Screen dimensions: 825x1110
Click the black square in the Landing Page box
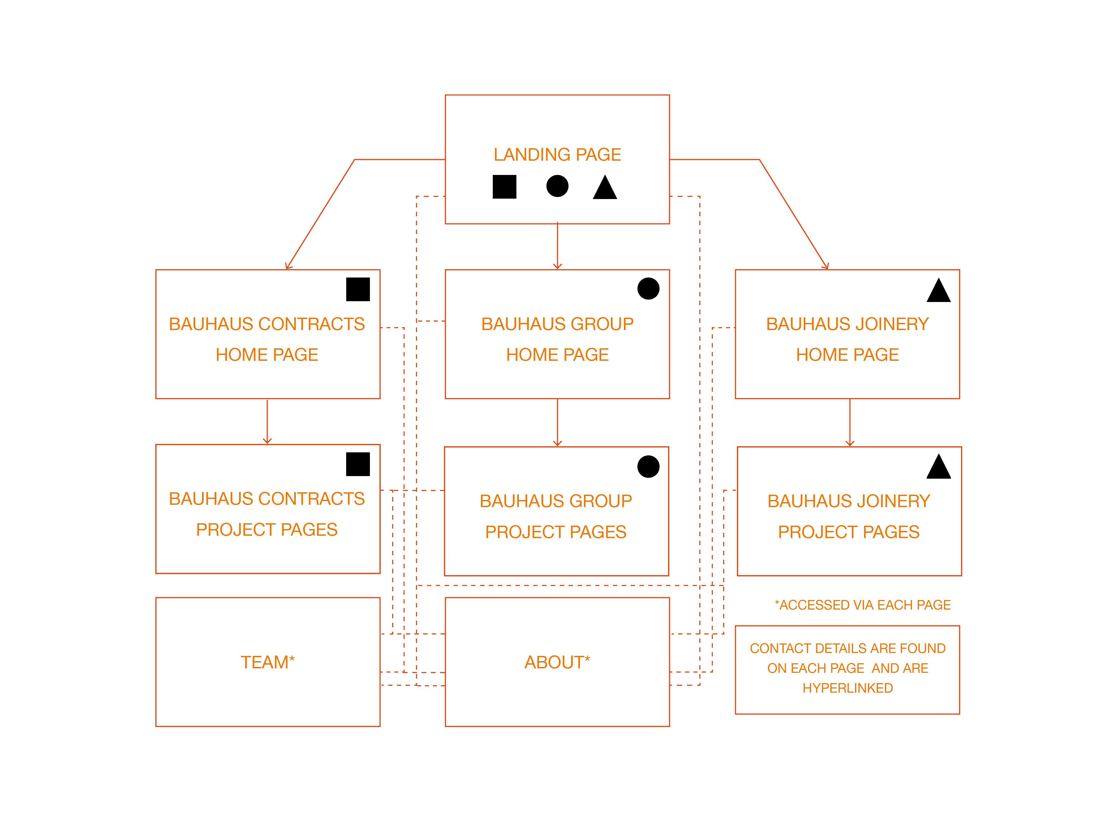point(504,187)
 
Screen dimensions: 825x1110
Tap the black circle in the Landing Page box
point(557,186)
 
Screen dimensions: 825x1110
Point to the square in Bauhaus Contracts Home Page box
point(358,289)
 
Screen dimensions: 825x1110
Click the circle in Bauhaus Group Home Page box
point(648,289)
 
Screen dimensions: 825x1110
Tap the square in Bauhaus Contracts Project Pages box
point(358,464)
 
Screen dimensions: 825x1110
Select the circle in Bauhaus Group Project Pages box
point(648,466)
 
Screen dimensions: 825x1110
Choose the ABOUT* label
point(557,662)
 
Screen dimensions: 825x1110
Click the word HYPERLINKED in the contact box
point(847,688)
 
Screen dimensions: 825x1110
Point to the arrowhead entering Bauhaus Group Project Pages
point(557,443)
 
